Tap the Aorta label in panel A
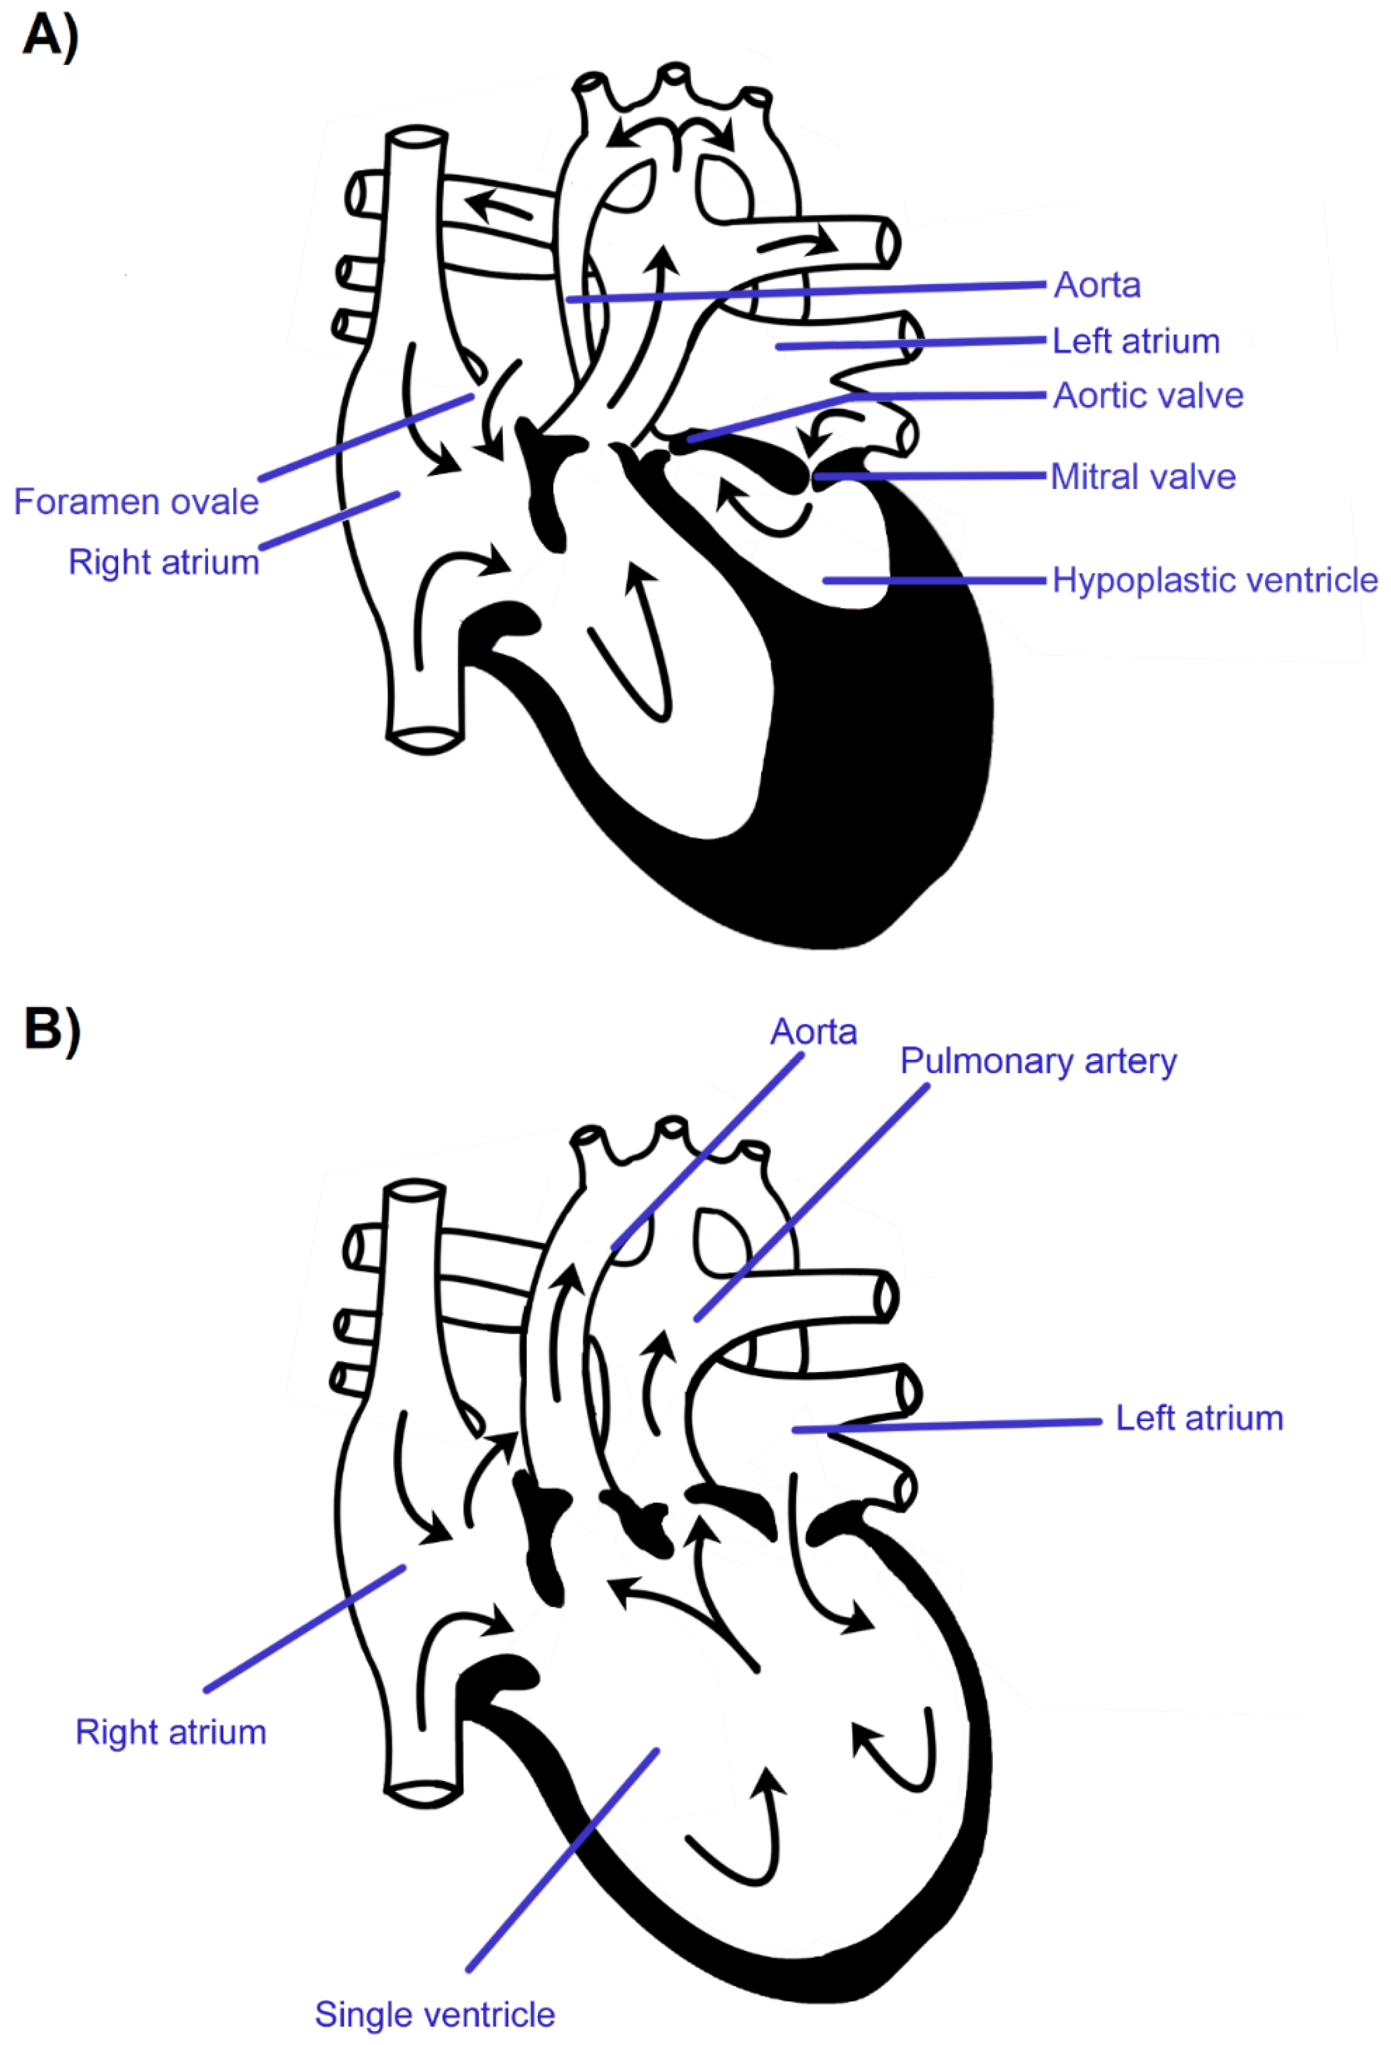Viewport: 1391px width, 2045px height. click(x=1097, y=285)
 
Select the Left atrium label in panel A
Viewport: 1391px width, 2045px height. click(x=1136, y=342)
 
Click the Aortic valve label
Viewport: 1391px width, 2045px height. click(x=1148, y=396)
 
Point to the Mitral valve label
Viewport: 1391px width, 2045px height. click(x=1143, y=477)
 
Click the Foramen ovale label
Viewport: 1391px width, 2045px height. click(x=137, y=502)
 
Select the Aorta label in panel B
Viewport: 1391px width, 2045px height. click(x=814, y=1032)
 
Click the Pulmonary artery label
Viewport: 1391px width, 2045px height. click(x=1038, y=1061)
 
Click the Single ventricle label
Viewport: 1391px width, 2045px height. click(x=435, y=2014)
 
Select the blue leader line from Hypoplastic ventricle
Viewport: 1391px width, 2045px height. click(x=933, y=581)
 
